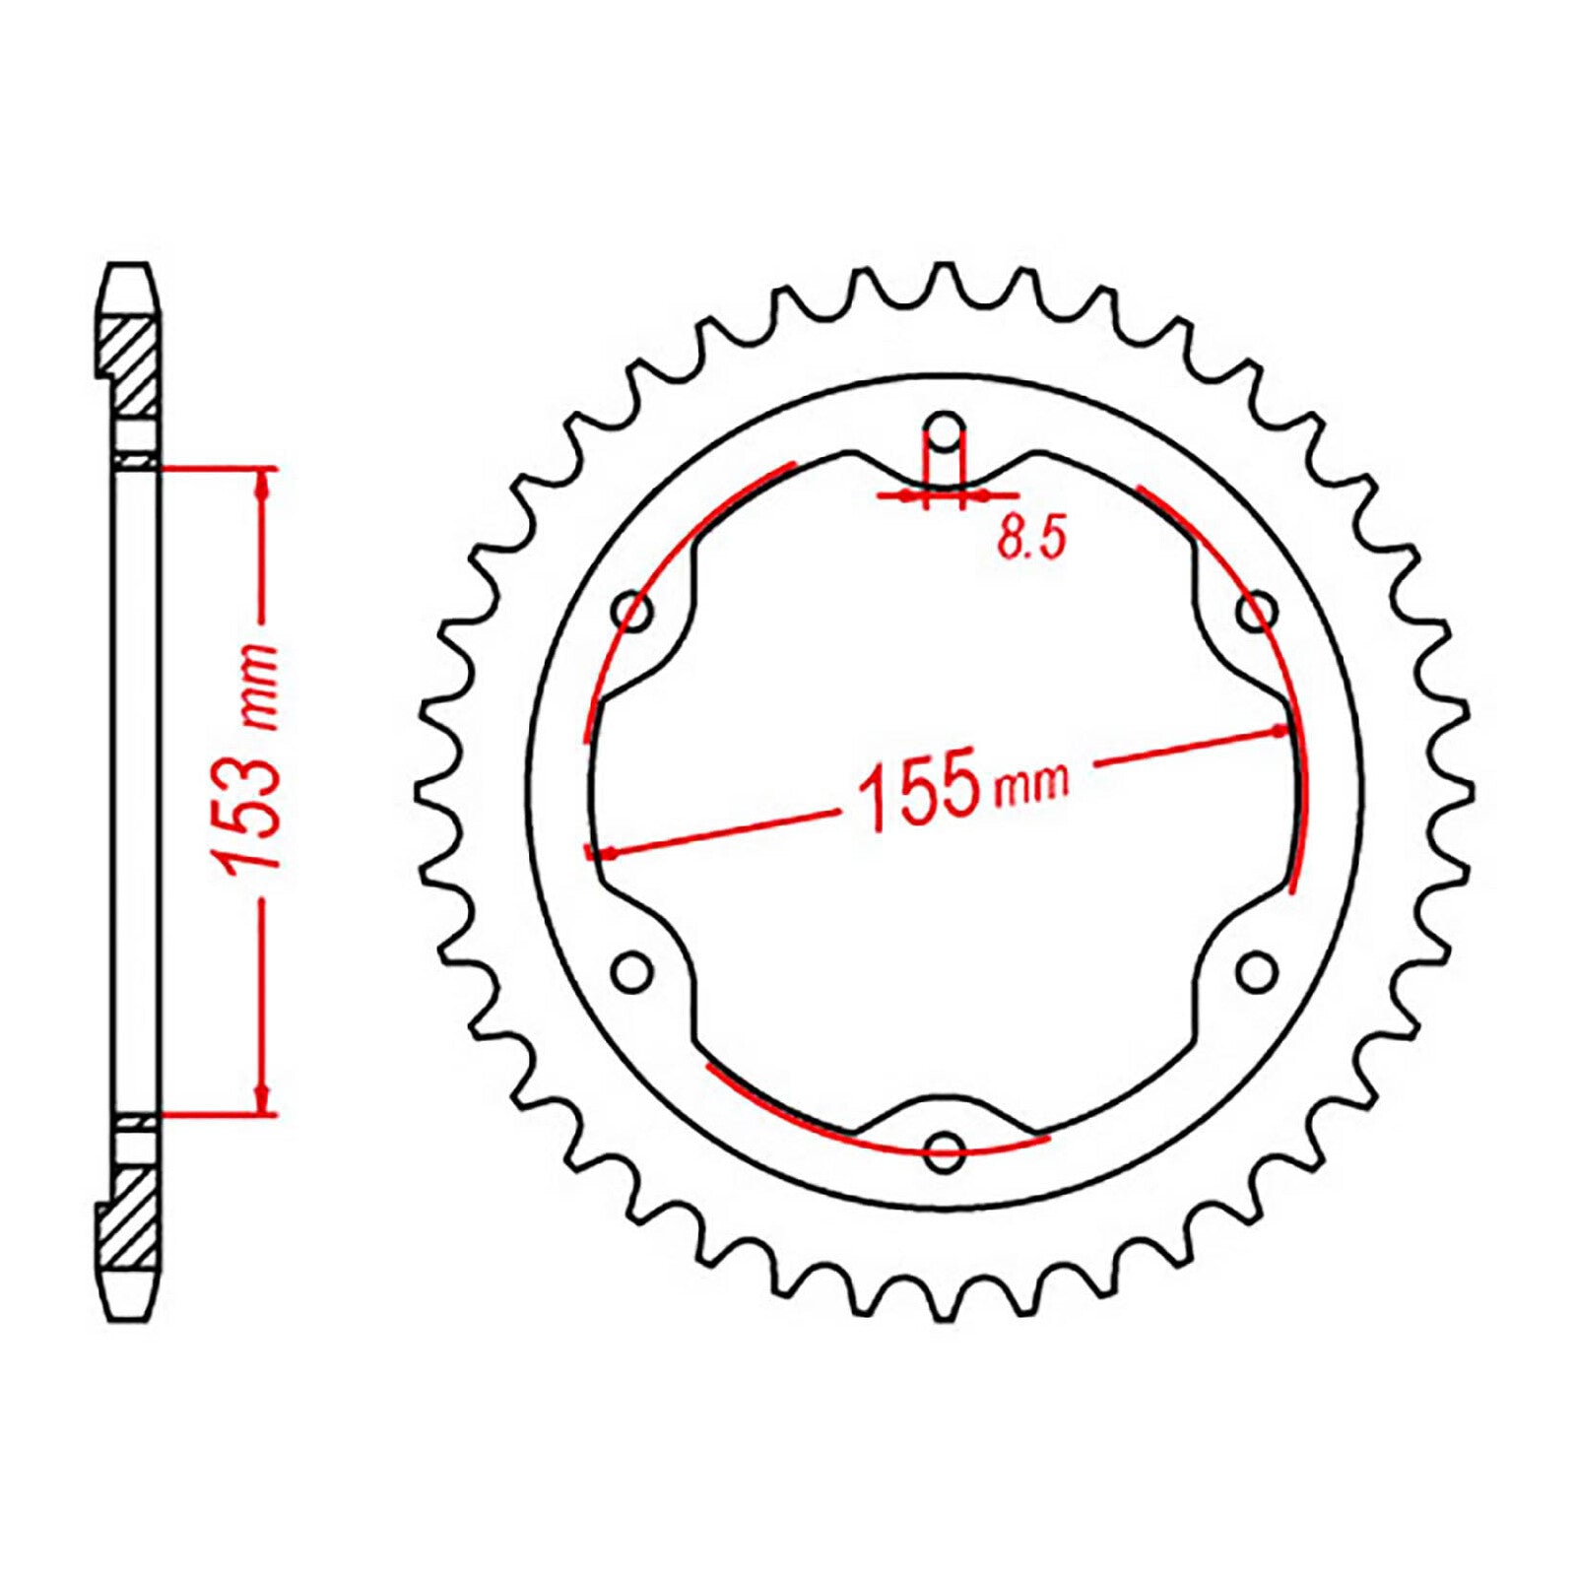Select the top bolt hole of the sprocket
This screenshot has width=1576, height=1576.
click(945, 431)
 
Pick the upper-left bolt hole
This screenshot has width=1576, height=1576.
click(632, 613)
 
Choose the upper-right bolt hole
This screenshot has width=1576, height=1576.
click(1256, 613)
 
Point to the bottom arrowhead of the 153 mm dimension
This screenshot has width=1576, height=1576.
click(262, 1100)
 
